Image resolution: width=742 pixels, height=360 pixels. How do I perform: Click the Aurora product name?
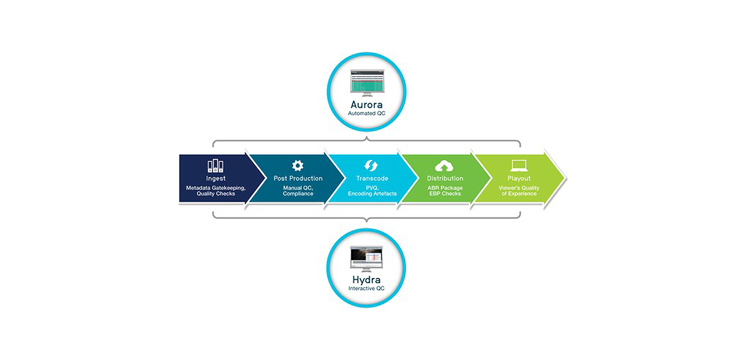[x=367, y=105]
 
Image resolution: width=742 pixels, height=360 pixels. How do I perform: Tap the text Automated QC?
[x=367, y=113]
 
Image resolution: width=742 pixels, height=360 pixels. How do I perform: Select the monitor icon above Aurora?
[x=367, y=83]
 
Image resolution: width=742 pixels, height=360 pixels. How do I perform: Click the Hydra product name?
[x=367, y=280]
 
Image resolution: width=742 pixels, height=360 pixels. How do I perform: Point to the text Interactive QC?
[x=367, y=288]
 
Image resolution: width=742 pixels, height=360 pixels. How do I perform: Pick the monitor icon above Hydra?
[x=367, y=259]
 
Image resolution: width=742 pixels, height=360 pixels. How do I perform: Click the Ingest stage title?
[x=216, y=178]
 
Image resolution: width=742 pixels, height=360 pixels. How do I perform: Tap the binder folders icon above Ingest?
[x=215, y=166]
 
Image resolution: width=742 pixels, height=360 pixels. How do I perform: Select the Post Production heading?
[x=298, y=178]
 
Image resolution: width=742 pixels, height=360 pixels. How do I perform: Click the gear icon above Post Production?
[x=297, y=166]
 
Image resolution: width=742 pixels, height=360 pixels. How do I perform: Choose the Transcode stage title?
[x=372, y=178]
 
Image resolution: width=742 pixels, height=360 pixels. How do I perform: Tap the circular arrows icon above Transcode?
[x=371, y=166]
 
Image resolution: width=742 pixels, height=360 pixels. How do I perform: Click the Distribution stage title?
[x=445, y=178]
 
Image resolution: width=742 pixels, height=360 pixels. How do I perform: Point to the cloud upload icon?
[x=444, y=166]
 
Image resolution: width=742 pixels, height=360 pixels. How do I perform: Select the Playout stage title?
[x=519, y=178]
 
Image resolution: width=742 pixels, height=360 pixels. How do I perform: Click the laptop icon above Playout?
[x=519, y=166]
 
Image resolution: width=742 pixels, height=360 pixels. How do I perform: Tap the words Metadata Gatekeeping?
[x=216, y=188]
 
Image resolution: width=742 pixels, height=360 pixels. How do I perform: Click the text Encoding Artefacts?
[x=372, y=194]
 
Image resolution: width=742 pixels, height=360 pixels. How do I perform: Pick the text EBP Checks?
[x=445, y=194]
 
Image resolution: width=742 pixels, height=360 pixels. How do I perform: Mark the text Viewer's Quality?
[x=519, y=188]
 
